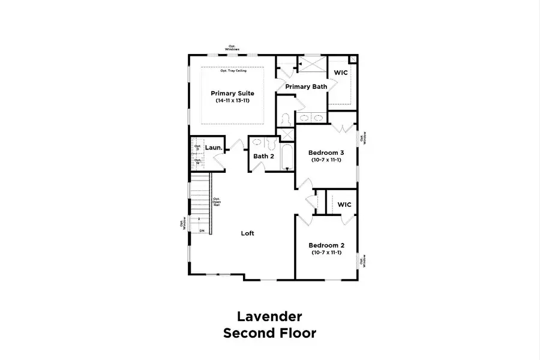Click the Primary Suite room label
click(232, 94)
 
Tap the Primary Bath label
click(306, 87)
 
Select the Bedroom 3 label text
click(326, 153)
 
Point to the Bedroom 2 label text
click(326, 245)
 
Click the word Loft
click(248, 233)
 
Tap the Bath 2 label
click(263, 157)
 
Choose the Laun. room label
click(214, 148)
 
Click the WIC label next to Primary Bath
click(341, 73)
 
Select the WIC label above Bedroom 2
click(344, 205)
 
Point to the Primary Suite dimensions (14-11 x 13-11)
click(232, 101)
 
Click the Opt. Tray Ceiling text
click(233, 71)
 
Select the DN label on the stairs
click(202, 230)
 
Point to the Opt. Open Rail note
click(217, 202)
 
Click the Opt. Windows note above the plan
click(233, 47)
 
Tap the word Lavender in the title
click(269, 316)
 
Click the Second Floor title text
click(269, 333)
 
